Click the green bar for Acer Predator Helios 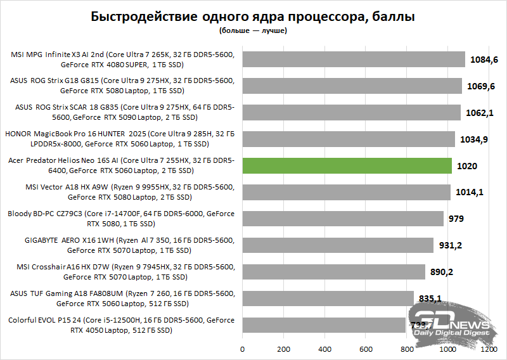347,165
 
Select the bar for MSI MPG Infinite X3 354,59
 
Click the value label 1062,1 480,113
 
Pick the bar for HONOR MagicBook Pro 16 349,139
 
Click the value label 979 456,219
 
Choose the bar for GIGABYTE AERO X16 338,245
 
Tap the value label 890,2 445,272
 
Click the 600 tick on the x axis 366,349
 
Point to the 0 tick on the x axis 242,349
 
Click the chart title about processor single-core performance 253,16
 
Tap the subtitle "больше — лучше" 253,30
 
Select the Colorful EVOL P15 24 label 121,325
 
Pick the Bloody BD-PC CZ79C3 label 121,219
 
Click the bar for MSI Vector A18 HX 346,192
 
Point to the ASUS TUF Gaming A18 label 121,299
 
